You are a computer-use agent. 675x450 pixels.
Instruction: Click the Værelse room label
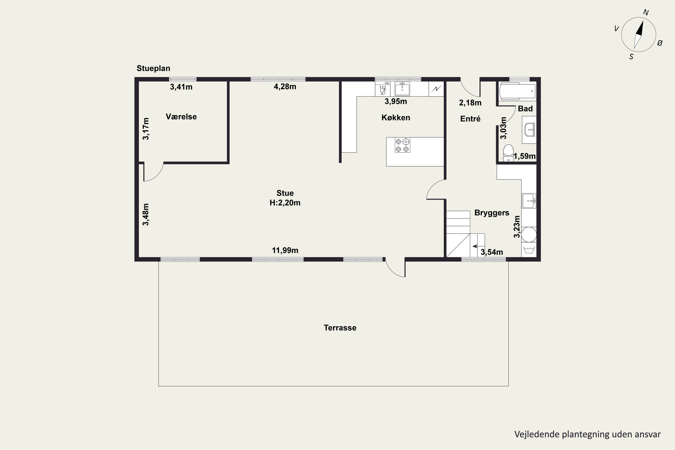(x=181, y=117)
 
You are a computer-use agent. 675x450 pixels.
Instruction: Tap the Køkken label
(x=396, y=117)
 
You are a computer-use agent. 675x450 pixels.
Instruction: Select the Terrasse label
(x=340, y=328)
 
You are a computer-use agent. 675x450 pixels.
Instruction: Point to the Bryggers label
(x=492, y=213)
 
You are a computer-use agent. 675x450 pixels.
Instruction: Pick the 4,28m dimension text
(x=285, y=86)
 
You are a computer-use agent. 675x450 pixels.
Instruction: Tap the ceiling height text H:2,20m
(x=285, y=203)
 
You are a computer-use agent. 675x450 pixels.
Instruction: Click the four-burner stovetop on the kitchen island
(x=402, y=145)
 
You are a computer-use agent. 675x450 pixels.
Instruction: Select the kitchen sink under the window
(x=402, y=89)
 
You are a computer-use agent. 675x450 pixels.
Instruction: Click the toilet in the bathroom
(x=508, y=153)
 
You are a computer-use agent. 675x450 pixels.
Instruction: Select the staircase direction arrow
(x=475, y=246)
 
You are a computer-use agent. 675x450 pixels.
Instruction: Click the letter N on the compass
(x=646, y=12)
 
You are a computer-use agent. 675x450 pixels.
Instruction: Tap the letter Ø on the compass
(x=660, y=43)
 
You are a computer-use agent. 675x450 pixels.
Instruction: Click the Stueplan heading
(x=153, y=68)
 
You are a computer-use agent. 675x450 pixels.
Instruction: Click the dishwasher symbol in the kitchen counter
(x=382, y=89)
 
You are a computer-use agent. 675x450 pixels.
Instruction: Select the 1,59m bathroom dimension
(x=525, y=156)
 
